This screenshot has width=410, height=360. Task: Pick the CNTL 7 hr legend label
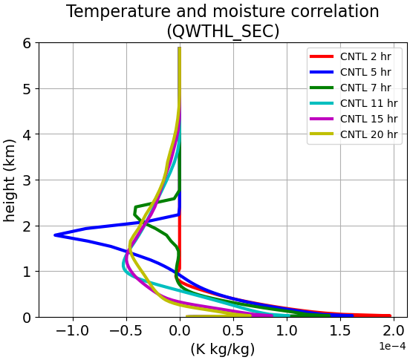(x=365, y=88)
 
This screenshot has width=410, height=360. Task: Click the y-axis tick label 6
(x=27, y=43)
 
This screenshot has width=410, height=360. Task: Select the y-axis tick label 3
(x=27, y=180)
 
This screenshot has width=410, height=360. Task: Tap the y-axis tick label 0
(x=27, y=318)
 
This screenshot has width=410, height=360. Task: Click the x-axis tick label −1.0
(x=73, y=331)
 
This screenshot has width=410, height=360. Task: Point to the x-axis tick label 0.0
(x=180, y=331)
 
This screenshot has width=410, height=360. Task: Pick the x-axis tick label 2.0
(x=394, y=331)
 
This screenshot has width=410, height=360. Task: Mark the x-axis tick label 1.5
(x=340, y=331)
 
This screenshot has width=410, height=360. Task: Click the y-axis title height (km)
(x=10, y=180)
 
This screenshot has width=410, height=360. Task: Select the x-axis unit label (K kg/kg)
(x=223, y=349)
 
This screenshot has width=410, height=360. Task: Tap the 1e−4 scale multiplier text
(x=392, y=346)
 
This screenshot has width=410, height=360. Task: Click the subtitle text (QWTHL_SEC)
(x=223, y=31)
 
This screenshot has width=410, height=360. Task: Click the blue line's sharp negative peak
(x=55, y=235)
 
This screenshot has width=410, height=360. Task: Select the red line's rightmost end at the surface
(x=390, y=315)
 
